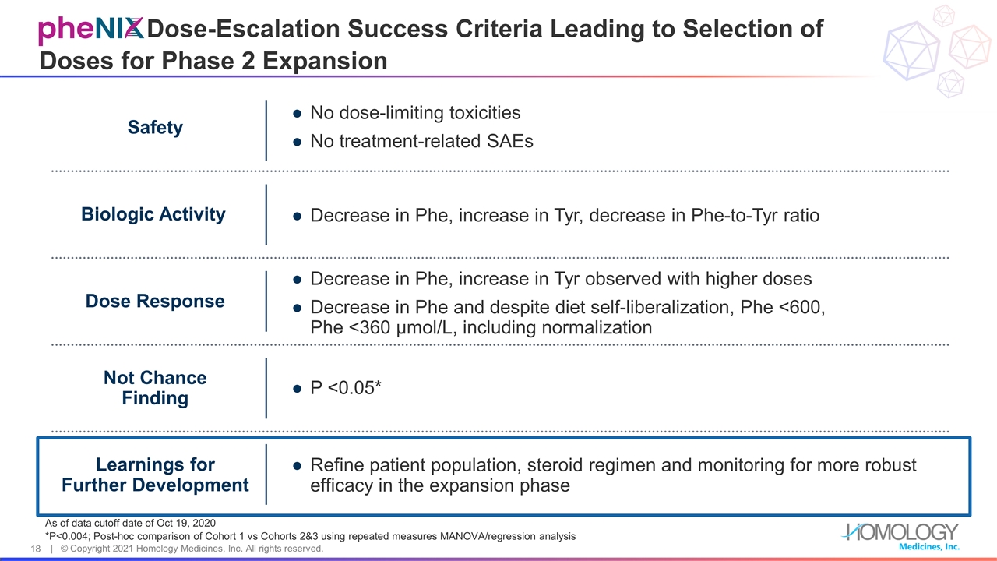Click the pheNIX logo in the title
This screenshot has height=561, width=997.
coord(91,30)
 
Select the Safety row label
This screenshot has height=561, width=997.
coord(155,128)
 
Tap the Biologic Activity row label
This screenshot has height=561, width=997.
coord(153,214)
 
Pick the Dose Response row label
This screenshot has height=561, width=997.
coord(155,301)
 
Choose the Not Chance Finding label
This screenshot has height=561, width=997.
coord(155,388)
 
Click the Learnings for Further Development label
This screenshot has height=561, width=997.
coord(155,475)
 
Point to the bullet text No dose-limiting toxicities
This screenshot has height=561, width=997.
coord(415,113)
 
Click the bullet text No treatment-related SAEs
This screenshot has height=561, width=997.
coord(421,142)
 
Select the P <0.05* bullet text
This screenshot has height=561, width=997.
coord(345,388)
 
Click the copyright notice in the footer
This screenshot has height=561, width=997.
coord(192,549)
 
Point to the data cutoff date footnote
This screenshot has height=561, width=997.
coord(130,522)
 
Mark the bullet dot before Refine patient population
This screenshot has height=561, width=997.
coord(297,466)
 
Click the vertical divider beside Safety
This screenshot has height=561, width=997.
coord(266,129)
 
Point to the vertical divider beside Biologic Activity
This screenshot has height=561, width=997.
coord(266,214)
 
